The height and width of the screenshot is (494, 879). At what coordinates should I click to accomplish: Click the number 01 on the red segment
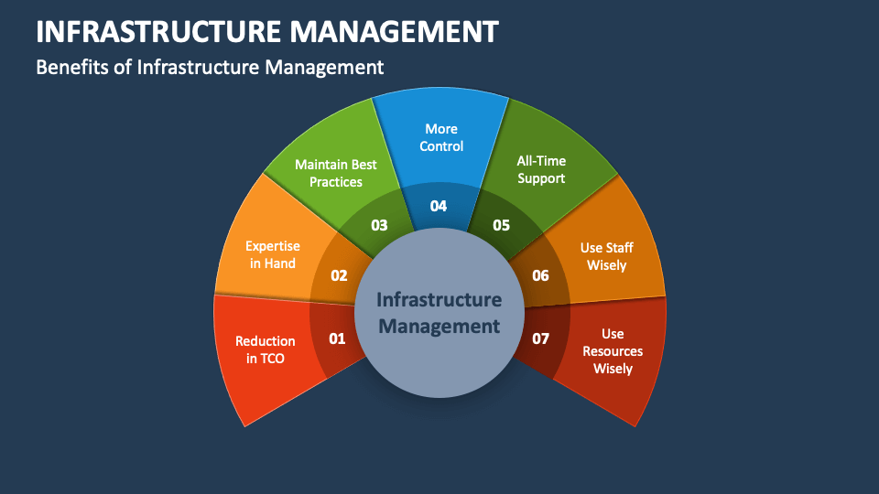pos(337,338)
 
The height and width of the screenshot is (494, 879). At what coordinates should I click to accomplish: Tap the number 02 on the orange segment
pos(339,275)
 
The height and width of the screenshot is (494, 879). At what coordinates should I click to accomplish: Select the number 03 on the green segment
pos(379,225)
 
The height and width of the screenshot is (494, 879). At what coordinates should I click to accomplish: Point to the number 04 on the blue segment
pos(439,206)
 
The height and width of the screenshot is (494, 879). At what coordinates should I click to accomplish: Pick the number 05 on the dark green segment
pos(501,225)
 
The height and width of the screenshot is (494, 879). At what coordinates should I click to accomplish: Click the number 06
pos(540,275)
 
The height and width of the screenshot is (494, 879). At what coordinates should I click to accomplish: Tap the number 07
pos(540,338)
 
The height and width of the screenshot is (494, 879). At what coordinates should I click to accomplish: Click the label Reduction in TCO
pos(266,349)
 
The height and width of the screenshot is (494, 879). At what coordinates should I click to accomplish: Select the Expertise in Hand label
pos(273,254)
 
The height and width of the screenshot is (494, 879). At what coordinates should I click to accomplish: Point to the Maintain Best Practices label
pos(336,173)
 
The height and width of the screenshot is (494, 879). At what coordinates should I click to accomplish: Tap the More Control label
pos(441,137)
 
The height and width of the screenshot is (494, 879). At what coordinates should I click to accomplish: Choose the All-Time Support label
pos(541,170)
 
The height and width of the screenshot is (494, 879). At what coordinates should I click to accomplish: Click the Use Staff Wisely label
pos(606,256)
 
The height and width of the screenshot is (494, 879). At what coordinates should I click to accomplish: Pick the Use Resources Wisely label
pos(613,351)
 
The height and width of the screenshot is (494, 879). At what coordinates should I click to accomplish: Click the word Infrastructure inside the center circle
pos(439,300)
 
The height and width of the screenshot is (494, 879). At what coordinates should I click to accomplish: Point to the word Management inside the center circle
pos(439,326)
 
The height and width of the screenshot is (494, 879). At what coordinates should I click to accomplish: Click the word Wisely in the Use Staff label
pos(606,265)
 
